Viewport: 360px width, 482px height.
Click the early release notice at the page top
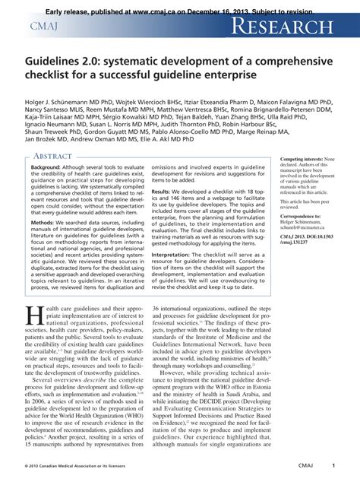(180, 5)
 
